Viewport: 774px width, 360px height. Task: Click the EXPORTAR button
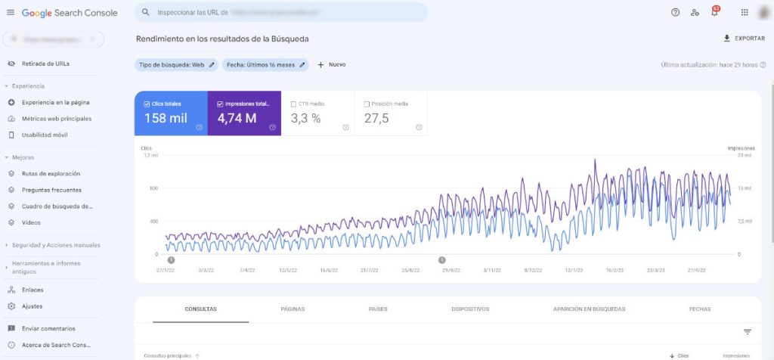[x=744, y=39]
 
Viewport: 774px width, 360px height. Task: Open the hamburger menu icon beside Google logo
[x=11, y=13]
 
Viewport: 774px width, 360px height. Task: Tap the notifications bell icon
[x=714, y=12]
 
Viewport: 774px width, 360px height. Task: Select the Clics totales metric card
[x=171, y=114]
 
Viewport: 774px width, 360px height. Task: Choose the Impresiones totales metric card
[x=244, y=114]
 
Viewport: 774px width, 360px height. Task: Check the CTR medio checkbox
[x=294, y=104]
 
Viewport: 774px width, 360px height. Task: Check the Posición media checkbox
[x=367, y=104]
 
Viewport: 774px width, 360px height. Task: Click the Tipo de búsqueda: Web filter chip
[x=177, y=65]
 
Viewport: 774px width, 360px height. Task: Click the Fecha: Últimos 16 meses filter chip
[x=265, y=65]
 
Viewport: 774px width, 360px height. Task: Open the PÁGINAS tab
[x=293, y=309]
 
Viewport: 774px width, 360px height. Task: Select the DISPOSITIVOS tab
[x=470, y=309]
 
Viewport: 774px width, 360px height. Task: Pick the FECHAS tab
[x=699, y=309]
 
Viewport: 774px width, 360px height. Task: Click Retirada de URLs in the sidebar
[x=45, y=64]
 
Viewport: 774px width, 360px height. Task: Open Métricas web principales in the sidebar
[x=56, y=119]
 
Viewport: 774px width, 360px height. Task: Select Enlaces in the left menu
[x=32, y=290]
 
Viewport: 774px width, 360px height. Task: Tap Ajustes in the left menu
[x=32, y=306]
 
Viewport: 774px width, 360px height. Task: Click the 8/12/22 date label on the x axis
[x=532, y=269]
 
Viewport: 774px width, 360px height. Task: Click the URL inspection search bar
[x=280, y=13]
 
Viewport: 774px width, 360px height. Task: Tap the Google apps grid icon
[x=745, y=12]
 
